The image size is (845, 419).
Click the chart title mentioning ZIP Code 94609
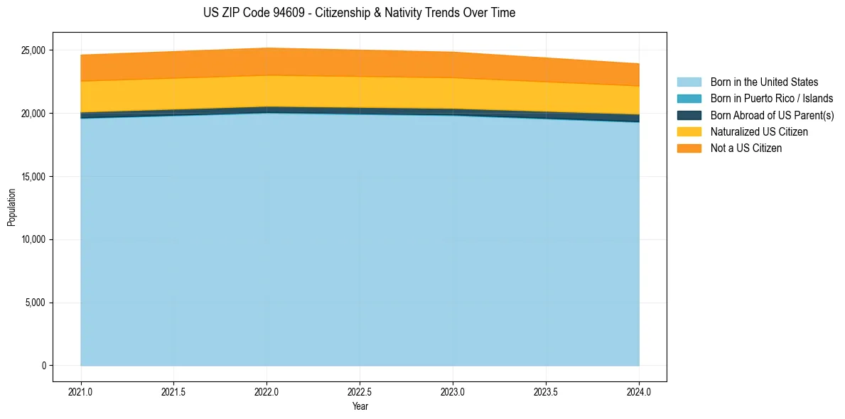point(360,13)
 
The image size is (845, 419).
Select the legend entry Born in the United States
point(765,82)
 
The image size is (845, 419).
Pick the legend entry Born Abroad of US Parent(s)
point(773,115)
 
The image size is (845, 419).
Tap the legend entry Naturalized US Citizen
point(759,131)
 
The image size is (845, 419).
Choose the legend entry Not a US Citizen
point(746,148)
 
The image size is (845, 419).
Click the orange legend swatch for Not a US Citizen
point(689,148)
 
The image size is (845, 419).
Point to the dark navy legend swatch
point(689,115)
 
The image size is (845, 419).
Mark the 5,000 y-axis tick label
point(37,303)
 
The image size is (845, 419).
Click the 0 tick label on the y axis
point(44,366)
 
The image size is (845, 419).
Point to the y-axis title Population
point(11,207)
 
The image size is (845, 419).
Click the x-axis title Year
point(360,406)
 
